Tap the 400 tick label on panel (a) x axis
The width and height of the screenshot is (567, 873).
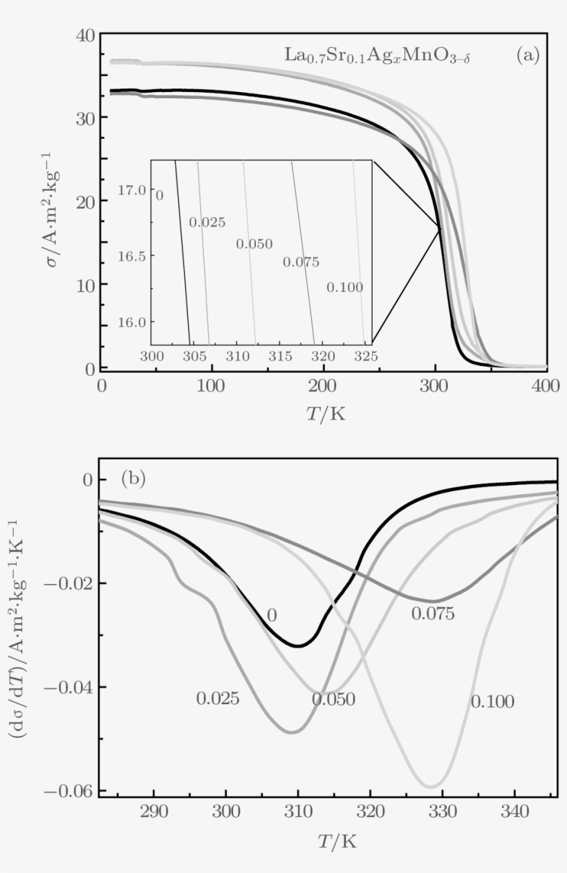tap(546, 386)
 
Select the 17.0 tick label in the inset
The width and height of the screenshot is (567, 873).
tap(132, 190)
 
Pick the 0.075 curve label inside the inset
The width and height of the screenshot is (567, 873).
tap(301, 262)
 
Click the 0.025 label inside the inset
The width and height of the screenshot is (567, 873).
tap(207, 223)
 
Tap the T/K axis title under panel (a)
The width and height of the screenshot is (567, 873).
tap(325, 414)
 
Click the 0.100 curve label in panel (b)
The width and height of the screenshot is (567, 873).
tap(492, 702)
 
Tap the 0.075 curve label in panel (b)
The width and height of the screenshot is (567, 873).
tap(433, 614)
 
